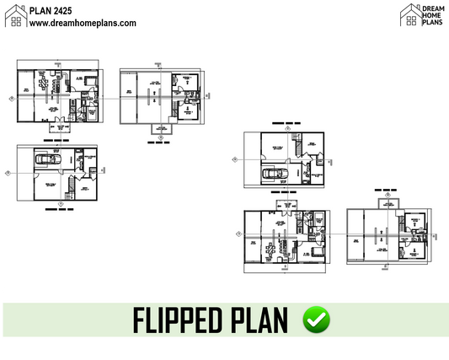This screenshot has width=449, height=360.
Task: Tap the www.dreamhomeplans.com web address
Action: (82, 24)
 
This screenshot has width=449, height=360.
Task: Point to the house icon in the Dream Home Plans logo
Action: (410, 11)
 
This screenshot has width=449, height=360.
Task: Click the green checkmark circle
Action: (317, 320)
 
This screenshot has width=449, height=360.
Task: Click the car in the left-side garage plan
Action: (47, 159)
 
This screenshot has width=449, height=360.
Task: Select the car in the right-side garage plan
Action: (274, 174)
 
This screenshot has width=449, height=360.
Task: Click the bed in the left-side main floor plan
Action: (88, 79)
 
